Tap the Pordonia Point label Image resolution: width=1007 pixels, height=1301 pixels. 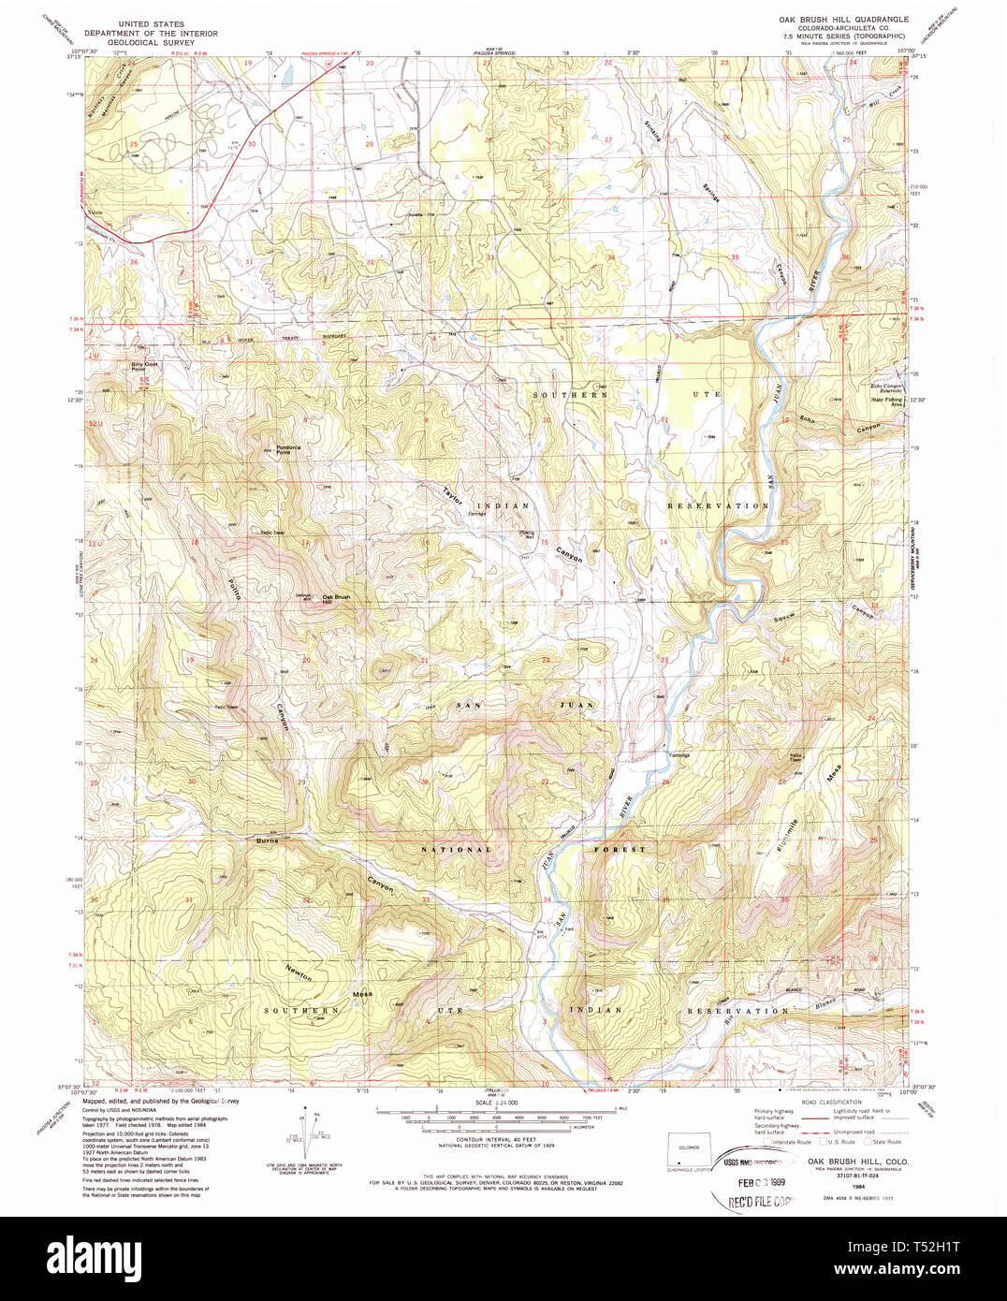coord(287,449)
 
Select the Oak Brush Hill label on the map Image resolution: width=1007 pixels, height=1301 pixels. coord(336,598)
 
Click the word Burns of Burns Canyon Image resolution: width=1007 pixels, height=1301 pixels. coord(268,841)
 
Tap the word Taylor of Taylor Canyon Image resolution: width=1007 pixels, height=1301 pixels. coord(453,495)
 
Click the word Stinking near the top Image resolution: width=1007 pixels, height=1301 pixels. coord(652,130)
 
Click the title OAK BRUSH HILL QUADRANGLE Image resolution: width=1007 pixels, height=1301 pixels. coord(843,19)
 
